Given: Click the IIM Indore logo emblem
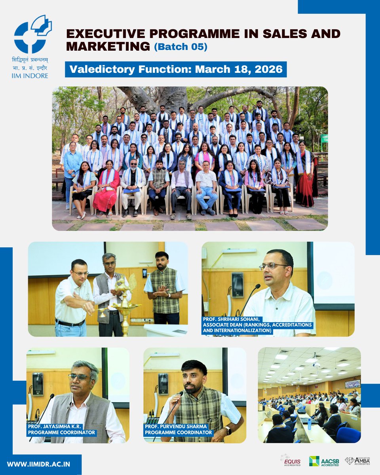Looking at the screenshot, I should point(32,35).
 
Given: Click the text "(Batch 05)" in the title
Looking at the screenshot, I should point(180,46).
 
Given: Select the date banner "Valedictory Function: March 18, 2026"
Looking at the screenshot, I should point(176,69).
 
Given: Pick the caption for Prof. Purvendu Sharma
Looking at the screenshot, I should point(179,430).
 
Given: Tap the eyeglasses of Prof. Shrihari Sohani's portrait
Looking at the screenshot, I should point(273,266).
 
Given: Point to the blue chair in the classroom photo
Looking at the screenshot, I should point(348,435).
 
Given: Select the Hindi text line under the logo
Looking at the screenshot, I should point(30,60).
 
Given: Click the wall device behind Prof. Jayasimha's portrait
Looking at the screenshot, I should point(38,384).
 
